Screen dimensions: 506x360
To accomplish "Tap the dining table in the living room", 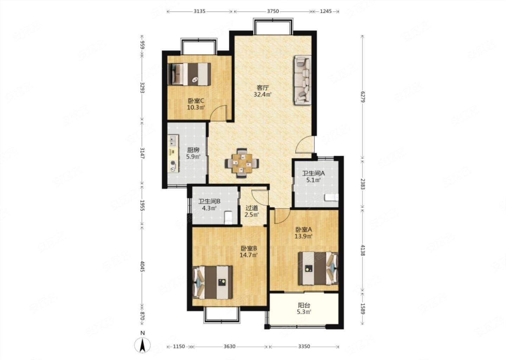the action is tap(242, 163).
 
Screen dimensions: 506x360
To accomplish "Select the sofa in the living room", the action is tap(303, 80).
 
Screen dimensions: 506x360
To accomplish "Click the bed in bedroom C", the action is tap(189, 74).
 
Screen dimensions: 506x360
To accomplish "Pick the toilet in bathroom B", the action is tap(228, 217).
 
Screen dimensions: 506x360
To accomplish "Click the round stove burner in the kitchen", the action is tap(173, 163).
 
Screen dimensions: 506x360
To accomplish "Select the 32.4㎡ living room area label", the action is tap(262, 95).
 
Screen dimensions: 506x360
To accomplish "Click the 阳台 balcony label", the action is tap(304, 305).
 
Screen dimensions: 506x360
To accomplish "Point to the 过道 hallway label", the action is tap(252, 208).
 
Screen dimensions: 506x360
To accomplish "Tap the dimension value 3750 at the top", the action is tap(273, 11).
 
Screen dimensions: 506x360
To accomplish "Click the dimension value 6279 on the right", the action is tap(363, 97).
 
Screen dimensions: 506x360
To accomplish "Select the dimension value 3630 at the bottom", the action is tap(229, 346).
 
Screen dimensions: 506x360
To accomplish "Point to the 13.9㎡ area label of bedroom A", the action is tap(303, 236).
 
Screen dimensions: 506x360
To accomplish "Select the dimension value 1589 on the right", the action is tap(363, 308).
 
